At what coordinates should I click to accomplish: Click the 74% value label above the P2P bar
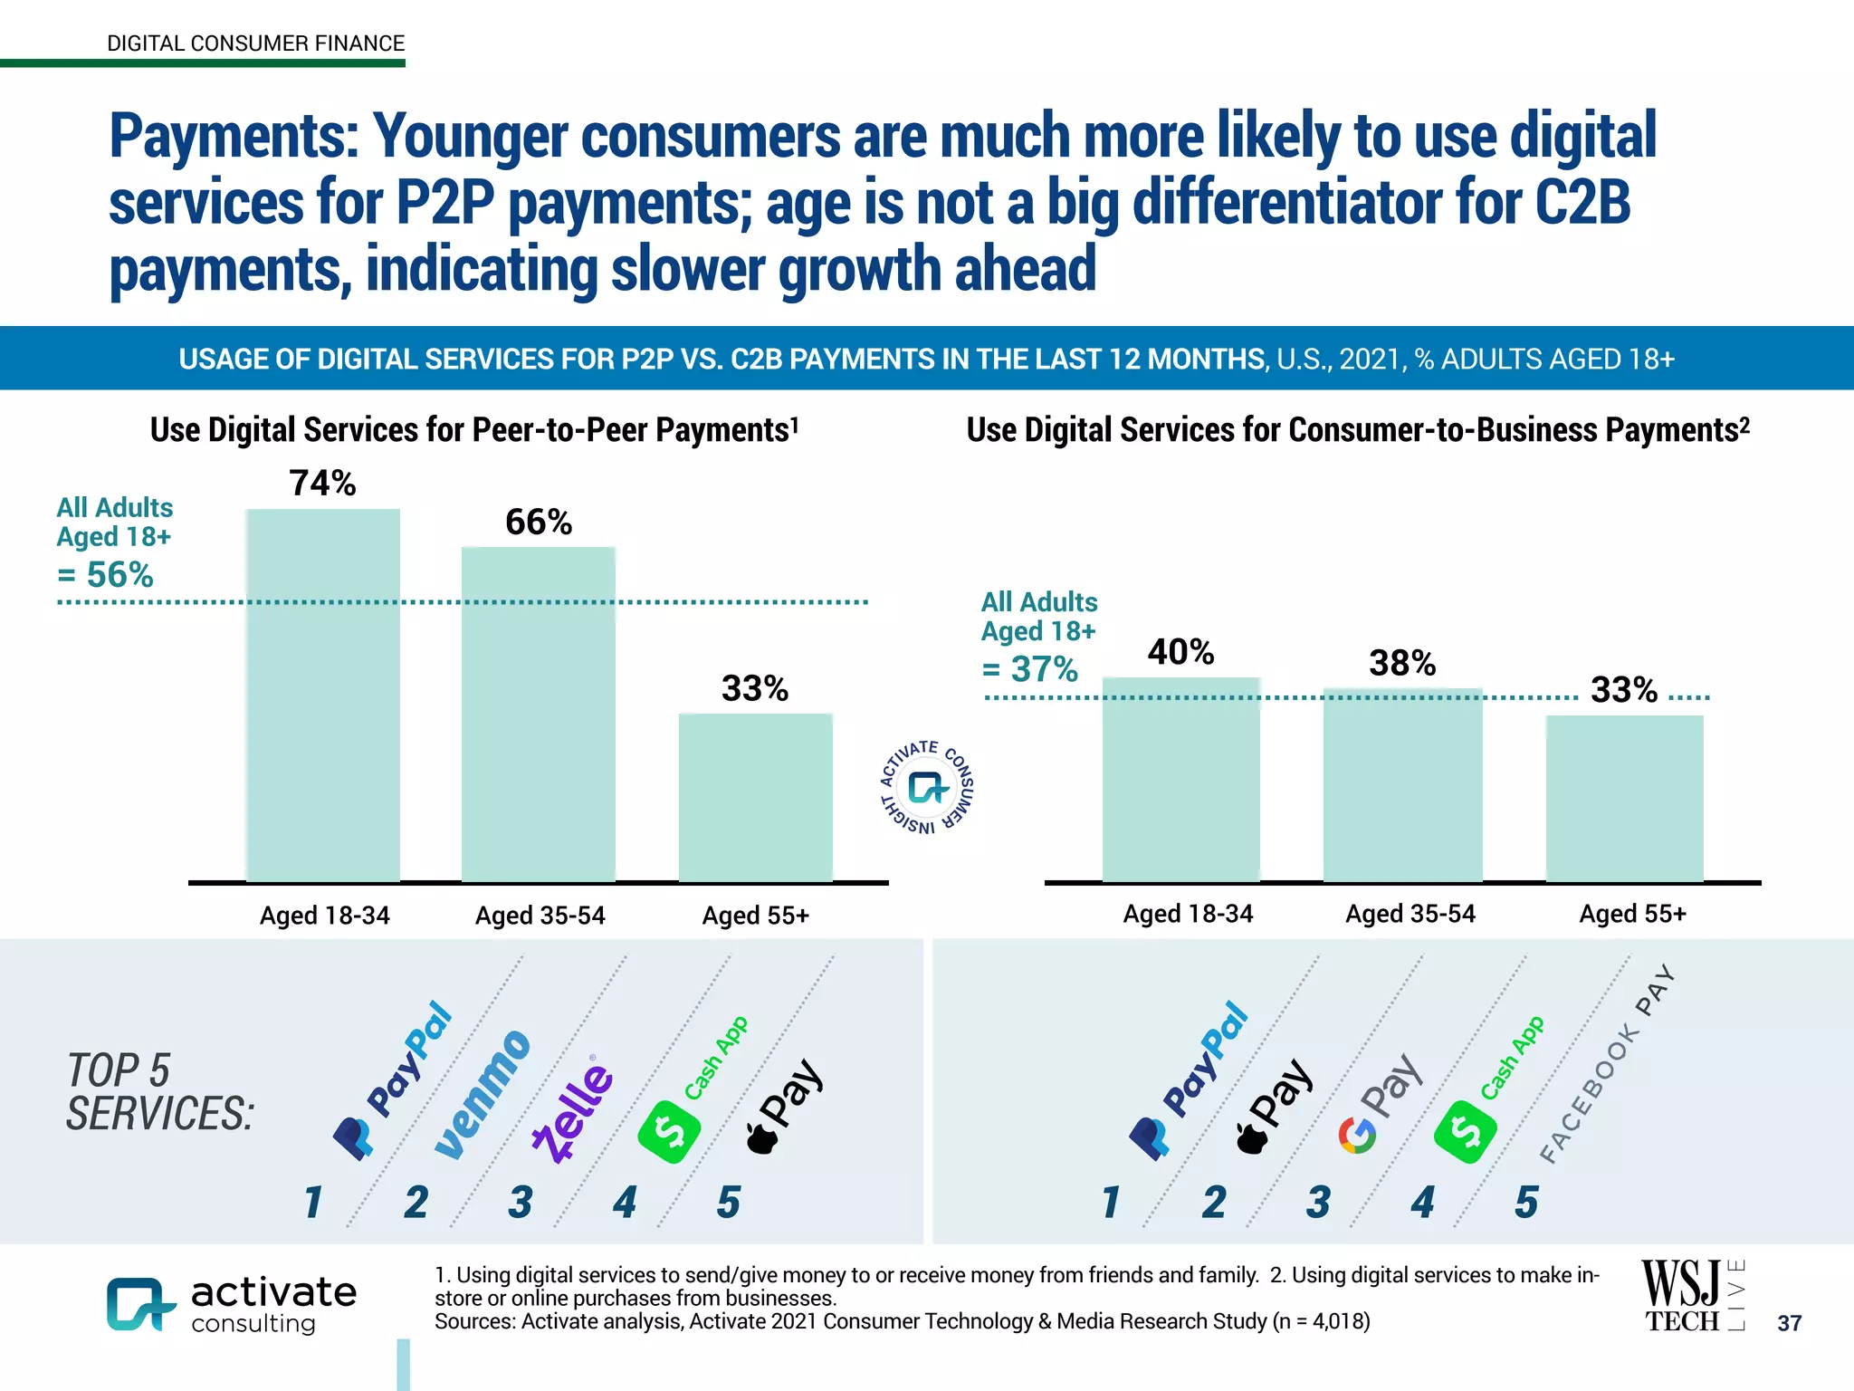click(322, 484)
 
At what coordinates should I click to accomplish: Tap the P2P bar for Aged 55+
click(756, 797)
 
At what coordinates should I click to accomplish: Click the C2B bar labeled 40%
click(1180, 779)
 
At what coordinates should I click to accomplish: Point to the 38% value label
click(1402, 664)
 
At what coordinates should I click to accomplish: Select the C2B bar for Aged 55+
click(1624, 797)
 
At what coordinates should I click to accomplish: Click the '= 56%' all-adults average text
click(105, 575)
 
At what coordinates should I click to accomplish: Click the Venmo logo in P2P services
click(483, 1094)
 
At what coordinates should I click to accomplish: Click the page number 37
click(1789, 1323)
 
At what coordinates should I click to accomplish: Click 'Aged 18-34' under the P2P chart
click(324, 916)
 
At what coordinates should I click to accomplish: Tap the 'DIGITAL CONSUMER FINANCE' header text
click(255, 43)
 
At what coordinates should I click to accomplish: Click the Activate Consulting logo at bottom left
click(232, 1304)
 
